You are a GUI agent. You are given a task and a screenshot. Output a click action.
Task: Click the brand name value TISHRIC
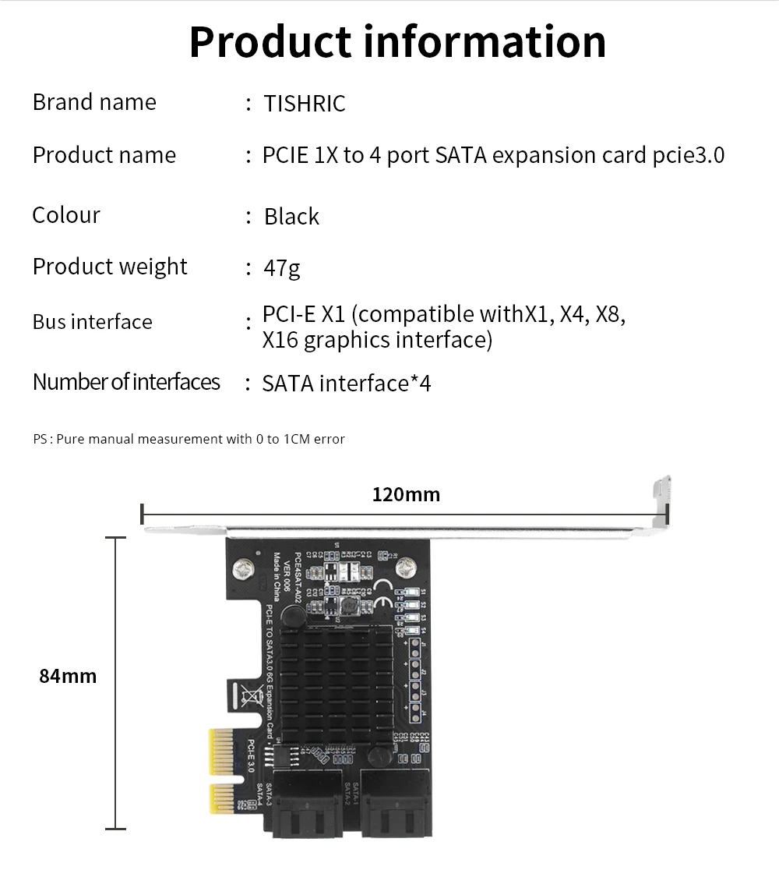click(x=305, y=104)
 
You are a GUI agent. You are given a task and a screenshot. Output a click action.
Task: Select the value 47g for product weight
click(x=282, y=268)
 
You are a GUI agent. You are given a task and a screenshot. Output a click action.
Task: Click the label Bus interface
click(x=92, y=322)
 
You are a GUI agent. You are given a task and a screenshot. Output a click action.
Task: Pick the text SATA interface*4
click(x=347, y=384)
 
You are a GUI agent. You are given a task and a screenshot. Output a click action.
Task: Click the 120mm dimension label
click(x=406, y=494)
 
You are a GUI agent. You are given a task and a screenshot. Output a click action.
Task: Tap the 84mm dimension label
click(x=68, y=676)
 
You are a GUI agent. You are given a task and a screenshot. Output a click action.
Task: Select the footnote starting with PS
click(x=189, y=439)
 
